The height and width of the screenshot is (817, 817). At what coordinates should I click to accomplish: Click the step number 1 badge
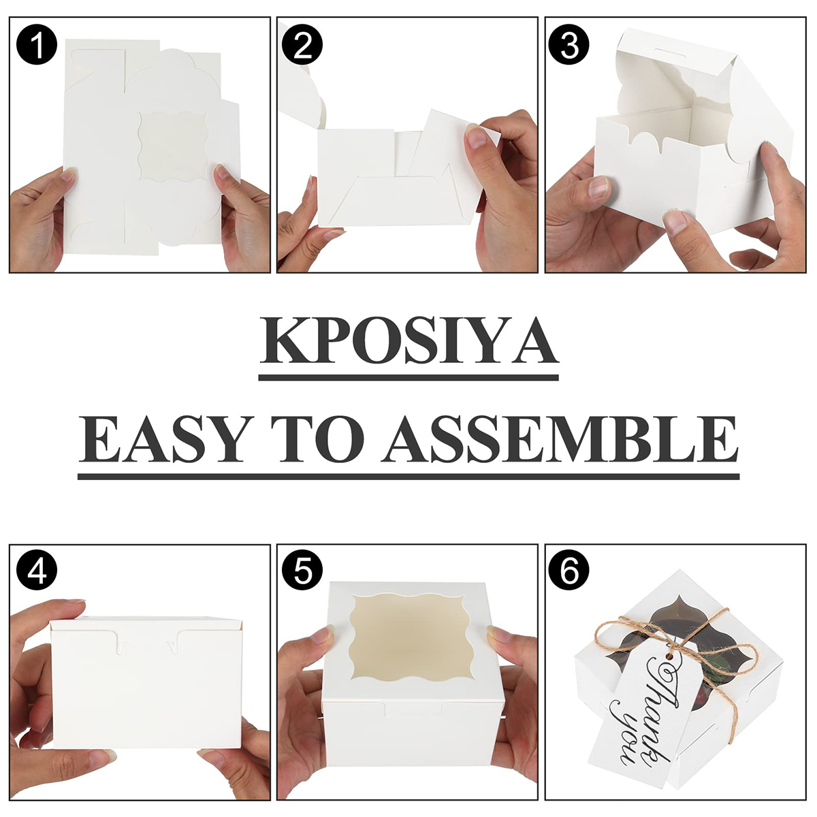pyautogui.click(x=37, y=44)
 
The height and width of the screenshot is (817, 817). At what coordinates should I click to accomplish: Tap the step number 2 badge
pyautogui.click(x=302, y=44)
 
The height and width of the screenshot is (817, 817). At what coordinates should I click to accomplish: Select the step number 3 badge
pyautogui.click(x=569, y=44)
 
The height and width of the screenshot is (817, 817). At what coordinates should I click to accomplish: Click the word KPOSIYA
pyautogui.click(x=408, y=342)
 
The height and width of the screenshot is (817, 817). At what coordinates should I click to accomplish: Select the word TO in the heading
pyautogui.click(x=318, y=439)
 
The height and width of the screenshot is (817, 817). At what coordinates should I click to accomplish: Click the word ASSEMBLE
pyautogui.click(x=560, y=439)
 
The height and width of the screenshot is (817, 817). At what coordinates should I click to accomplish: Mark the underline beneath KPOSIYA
pyautogui.click(x=408, y=377)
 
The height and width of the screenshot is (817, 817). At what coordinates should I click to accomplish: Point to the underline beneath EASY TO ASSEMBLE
pyautogui.click(x=408, y=476)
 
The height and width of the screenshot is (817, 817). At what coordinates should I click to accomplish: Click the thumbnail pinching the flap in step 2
pyautogui.click(x=475, y=137)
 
